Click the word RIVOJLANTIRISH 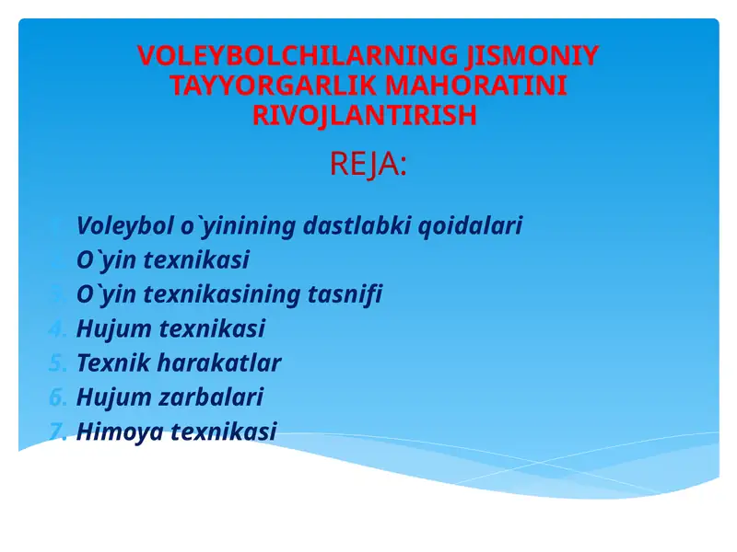coord(365,116)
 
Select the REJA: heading coord(368,166)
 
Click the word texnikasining coord(223,294)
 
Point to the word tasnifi coord(346,294)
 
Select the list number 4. coord(57,328)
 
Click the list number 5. coord(57,362)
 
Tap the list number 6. coord(57,397)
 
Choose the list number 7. coord(57,431)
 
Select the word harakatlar coord(218,362)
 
